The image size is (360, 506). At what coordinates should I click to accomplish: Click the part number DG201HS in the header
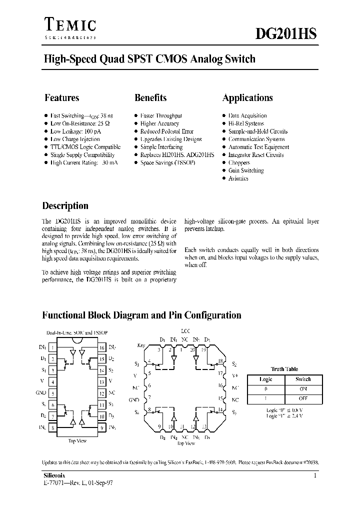tap(286, 33)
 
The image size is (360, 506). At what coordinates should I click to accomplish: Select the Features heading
tap(61, 98)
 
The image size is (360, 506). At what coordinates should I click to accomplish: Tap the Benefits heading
tap(150, 98)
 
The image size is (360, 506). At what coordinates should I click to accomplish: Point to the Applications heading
tap(247, 98)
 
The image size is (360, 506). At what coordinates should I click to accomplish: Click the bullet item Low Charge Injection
tap(75, 139)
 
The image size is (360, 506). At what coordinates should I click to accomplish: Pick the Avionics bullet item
tap(238, 178)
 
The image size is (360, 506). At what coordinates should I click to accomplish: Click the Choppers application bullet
tap(239, 162)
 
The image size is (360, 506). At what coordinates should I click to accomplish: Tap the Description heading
tap(65, 206)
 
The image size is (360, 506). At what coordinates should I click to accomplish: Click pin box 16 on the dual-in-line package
tap(101, 347)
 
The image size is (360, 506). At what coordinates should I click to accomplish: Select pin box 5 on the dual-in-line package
tap(52, 393)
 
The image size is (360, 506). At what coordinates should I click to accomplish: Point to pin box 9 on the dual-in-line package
tap(101, 427)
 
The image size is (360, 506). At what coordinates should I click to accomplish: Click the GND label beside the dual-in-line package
tap(41, 393)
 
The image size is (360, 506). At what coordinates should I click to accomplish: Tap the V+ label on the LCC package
tap(235, 374)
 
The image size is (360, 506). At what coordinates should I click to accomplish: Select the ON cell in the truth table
tap(303, 389)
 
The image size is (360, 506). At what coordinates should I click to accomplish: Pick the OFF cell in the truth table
tap(303, 398)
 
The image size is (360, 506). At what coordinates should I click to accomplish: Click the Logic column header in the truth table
tap(266, 379)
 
